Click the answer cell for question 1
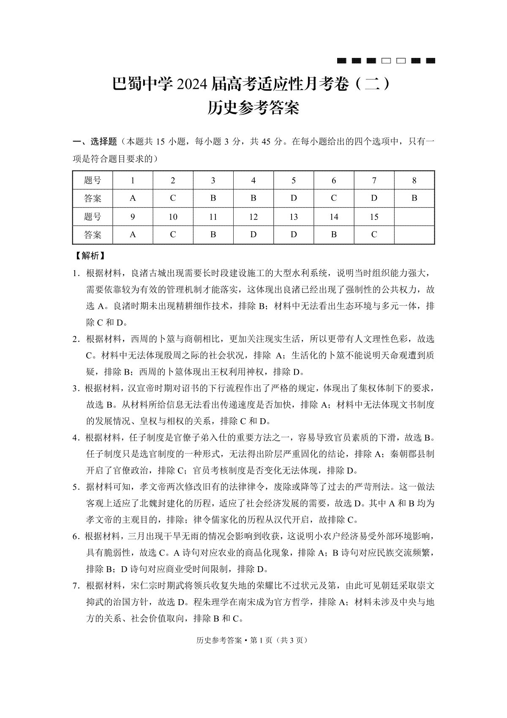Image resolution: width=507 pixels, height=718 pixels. [x=133, y=198]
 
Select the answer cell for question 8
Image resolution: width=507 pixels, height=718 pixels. [x=414, y=198]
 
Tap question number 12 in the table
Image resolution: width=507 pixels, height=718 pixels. [x=253, y=217]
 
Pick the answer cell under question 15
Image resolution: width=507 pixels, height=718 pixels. [x=374, y=235]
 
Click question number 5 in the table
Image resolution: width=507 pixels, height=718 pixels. [x=294, y=181]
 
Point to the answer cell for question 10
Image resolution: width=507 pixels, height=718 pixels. [x=173, y=235]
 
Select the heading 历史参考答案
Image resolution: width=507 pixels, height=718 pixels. [x=253, y=108]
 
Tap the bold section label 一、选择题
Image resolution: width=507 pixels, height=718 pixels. [x=95, y=141]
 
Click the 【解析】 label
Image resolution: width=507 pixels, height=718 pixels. [x=90, y=256]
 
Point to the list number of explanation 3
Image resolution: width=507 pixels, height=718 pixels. [x=76, y=389]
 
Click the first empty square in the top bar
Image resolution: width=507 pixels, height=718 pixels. [x=386, y=61]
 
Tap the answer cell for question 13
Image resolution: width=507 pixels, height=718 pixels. [x=294, y=235]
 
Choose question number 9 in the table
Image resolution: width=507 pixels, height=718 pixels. [x=133, y=217]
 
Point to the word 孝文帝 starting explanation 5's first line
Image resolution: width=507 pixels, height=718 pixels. [x=153, y=487]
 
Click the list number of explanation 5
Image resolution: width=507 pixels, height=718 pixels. [x=76, y=487]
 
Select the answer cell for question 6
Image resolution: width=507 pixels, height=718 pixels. [x=334, y=198]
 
